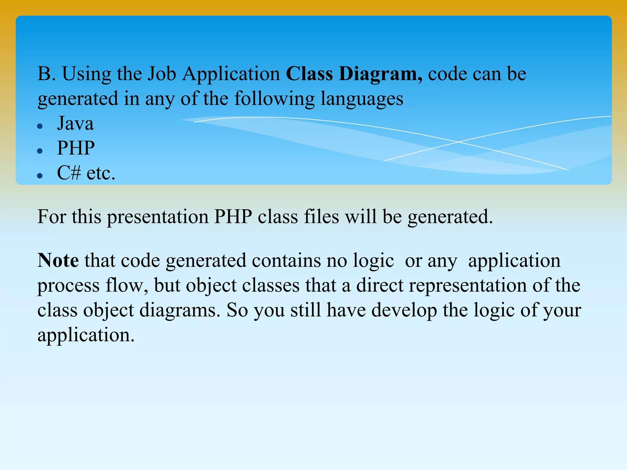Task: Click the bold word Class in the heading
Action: [x=309, y=74]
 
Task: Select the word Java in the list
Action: [x=75, y=124]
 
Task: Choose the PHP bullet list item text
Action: [x=76, y=148]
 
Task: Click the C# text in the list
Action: [x=69, y=173]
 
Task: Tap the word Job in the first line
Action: [x=162, y=74]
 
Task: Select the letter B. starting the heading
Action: [x=46, y=74]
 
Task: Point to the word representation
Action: [x=467, y=286]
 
